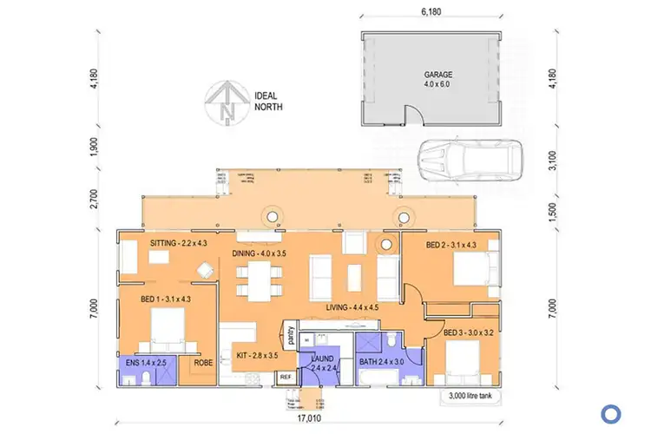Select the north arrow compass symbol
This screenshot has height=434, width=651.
227,102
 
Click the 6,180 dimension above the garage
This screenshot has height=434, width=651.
432,12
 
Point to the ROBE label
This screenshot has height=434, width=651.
203,364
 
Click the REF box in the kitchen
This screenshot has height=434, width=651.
285,378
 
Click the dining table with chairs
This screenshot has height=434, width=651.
264,279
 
